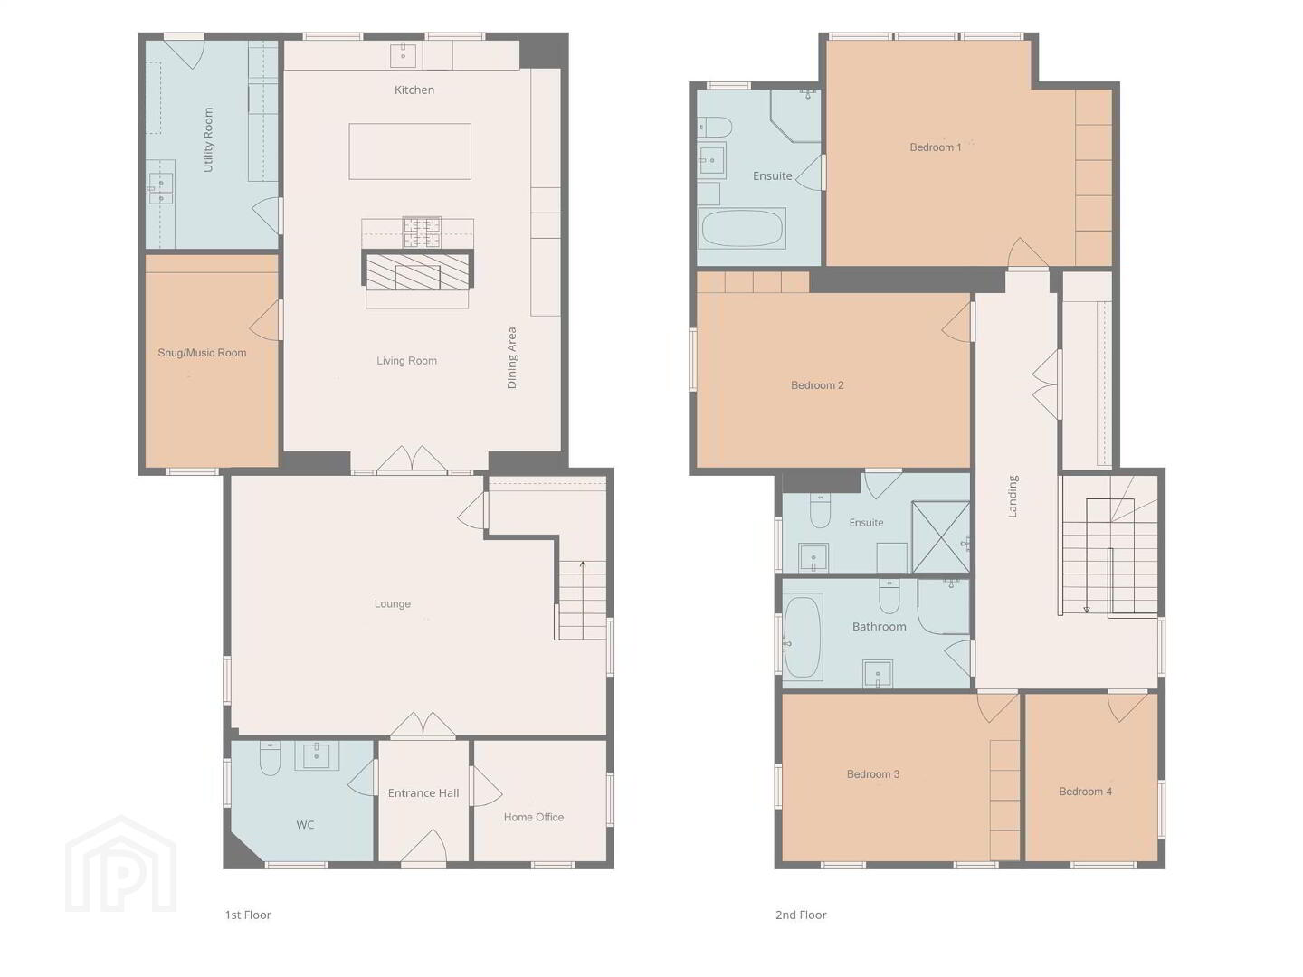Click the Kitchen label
point(414,90)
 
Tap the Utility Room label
point(208,140)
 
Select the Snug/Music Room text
point(202,353)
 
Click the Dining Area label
point(512,357)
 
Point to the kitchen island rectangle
point(410,151)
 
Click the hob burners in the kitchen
point(422,232)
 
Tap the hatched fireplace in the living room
point(418,270)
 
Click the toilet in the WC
point(270,758)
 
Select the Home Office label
point(534,818)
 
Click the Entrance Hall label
point(423,793)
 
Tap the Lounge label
point(393,604)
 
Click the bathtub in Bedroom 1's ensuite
point(742,228)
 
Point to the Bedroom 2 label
point(817,385)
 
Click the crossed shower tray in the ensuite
point(941,536)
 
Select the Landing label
point(1013,497)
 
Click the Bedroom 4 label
point(1086,792)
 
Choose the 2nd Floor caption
point(801,915)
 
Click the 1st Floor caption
point(248,915)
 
